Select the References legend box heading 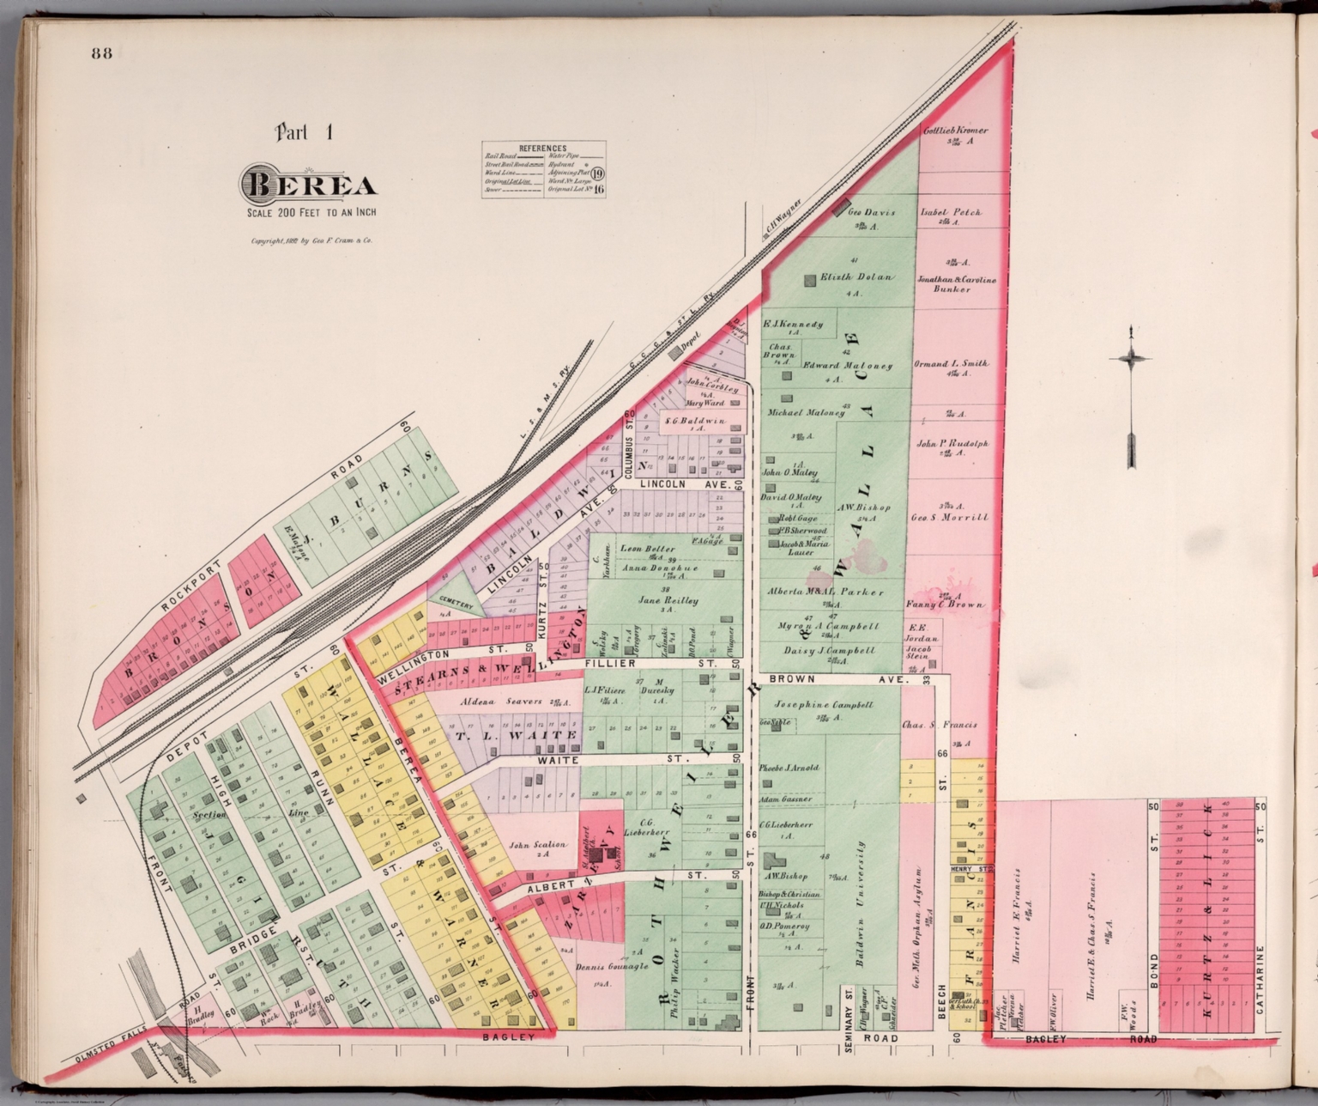(x=543, y=149)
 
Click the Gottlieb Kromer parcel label (x=955, y=131)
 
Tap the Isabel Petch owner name (x=951, y=211)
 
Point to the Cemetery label (x=456, y=603)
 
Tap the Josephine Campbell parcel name (x=823, y=704)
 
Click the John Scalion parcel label (x=537, y=844)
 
